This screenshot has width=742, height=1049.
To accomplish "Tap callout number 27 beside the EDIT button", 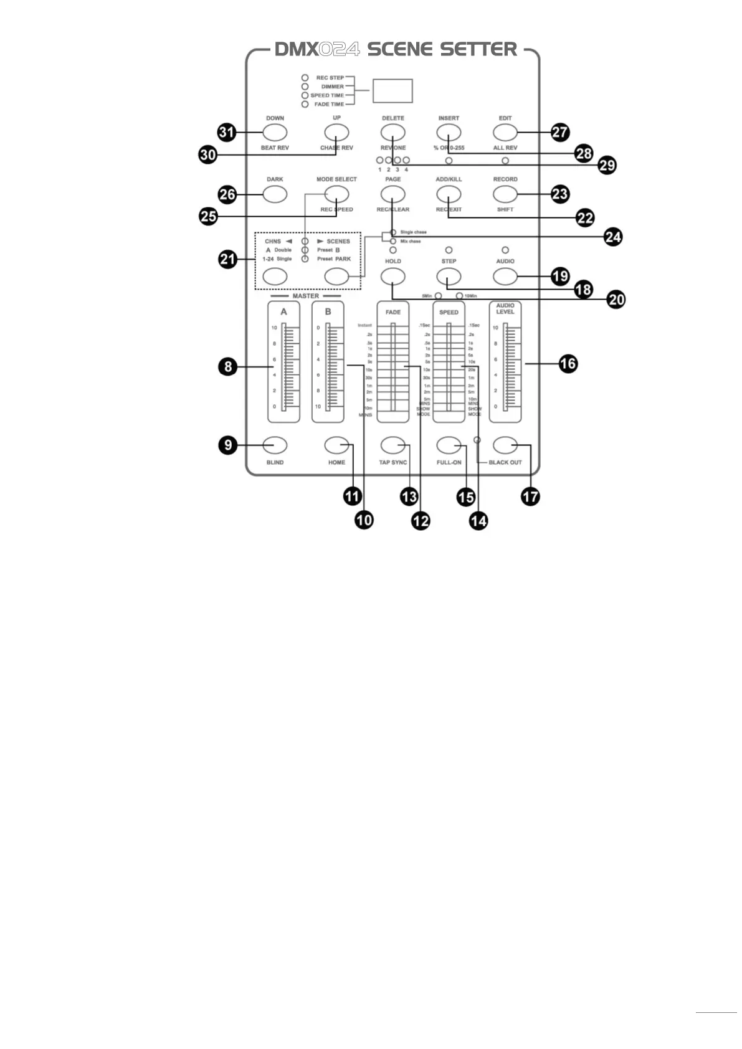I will pyautogui.click(x=560, y=132).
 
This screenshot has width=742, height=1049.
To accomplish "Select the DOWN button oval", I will pyautogui.click(x=275, y=132).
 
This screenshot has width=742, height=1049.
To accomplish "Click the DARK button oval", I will pyautogui.click(x=275, y=194).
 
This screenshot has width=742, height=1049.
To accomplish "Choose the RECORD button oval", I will pyautogui.click(x=505, y=194).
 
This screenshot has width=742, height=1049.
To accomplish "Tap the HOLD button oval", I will pyautogui.click(x=392, y=276).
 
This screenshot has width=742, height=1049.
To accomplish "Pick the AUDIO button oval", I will pyautogui.click(x=505, y=276).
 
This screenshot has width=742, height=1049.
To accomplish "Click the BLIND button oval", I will pyautogui.click(x=275, y=445).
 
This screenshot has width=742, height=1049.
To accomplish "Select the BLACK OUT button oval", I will pyautogui.click(x=505, y=445).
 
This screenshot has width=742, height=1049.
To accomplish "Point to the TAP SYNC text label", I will pyautogui.click(x=392, y=462).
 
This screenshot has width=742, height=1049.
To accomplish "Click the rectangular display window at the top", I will pyautogui.click(x=392, y=91).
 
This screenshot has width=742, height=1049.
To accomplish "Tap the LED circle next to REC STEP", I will pyautogui.click(x=305, y=78).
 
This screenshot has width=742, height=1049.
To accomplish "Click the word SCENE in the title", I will pyautogui.click(x=401, y=49).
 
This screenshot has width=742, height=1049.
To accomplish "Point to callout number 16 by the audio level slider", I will pyautogui.click(x=568, y=364).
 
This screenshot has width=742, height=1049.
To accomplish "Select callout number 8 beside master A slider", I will pyautogui.click(x=228, y=366).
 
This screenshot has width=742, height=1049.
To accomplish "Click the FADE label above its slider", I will pyautogui.click(x=392, y=312).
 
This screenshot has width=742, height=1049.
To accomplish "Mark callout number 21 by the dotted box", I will pyautogui.click(x=228, y=259).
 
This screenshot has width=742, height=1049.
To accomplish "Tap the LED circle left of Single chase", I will pyautogui.click(x=393, y=232).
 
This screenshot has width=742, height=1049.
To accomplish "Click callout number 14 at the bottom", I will pyautogui.click(x=478, y=521).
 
